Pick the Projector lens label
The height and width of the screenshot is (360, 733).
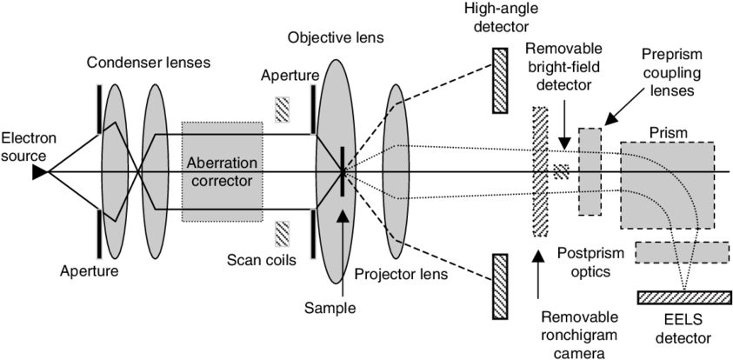[x=402, y=274]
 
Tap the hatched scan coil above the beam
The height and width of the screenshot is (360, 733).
[x=283, y=109]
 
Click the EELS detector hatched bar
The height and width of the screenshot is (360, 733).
[x=683, y=297]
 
